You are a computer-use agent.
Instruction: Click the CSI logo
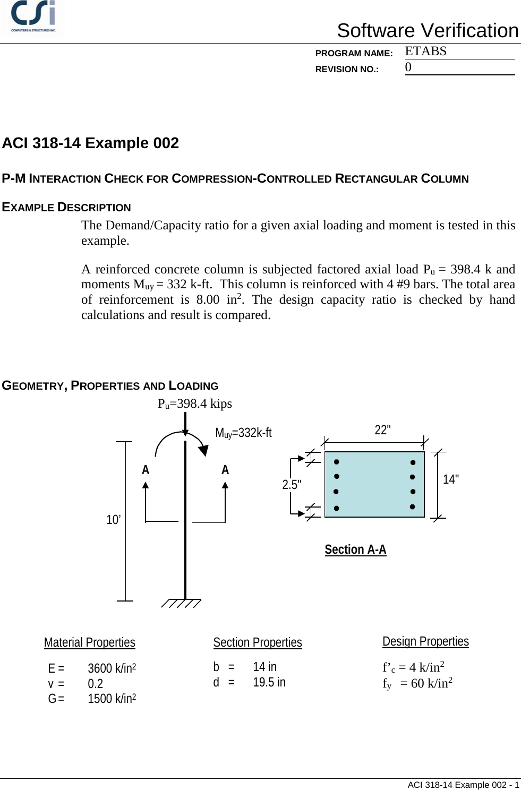point(33,16)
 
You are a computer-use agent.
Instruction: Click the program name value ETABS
point(425,51)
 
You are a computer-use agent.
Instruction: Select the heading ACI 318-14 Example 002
point(90,143)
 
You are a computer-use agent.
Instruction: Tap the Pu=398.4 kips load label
point(194,404)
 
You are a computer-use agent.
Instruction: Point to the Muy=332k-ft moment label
point(243,433)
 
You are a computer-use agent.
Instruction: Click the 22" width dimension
point(382,430)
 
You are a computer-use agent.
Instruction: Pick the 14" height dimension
point(451,479)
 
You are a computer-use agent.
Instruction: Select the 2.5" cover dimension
point(292,485)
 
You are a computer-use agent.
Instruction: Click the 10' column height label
point(113,520)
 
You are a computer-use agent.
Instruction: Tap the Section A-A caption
point(355,550)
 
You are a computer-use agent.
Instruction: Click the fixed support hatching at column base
point(181,603)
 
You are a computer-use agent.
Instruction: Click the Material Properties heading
point(90,643)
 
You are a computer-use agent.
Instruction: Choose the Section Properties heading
point(258,643)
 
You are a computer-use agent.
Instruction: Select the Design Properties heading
point(425,642)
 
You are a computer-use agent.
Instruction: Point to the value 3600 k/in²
point(112,668)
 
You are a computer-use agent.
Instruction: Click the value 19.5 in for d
point(269,683)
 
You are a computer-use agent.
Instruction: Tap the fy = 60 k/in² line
point(417,683)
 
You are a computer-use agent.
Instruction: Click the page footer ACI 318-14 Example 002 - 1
point(463,785)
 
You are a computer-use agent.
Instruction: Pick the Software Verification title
point(428,31)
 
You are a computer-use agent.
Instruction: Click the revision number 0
point(408,67)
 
